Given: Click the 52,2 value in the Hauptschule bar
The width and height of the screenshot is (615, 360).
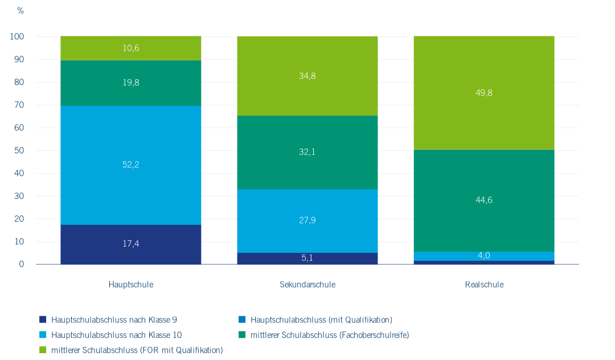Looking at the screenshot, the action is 130,165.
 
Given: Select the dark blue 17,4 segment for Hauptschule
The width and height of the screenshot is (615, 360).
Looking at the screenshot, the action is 130,244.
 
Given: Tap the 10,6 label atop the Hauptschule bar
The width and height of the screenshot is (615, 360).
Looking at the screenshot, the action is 130,48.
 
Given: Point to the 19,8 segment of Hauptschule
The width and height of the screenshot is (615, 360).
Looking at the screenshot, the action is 130,83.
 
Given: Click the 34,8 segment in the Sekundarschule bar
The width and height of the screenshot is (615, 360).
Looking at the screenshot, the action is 307,76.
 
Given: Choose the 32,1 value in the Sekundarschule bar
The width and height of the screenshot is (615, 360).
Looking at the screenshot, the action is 307,152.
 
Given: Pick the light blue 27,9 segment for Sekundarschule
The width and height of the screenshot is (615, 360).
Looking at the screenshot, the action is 307,221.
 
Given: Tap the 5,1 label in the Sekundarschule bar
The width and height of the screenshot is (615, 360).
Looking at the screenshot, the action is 307,258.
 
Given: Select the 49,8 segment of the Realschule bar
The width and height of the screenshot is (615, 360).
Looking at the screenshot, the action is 484,93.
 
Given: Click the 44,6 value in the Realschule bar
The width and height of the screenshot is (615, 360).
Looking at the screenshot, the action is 483,200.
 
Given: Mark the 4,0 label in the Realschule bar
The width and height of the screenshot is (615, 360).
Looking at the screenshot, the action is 483,256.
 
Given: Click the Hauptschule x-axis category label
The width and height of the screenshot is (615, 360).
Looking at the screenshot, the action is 131,285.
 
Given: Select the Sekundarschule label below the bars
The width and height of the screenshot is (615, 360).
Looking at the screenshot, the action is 307,285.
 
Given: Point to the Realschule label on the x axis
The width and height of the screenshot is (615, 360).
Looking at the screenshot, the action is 485,285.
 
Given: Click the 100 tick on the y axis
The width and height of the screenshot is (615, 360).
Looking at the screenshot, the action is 17,36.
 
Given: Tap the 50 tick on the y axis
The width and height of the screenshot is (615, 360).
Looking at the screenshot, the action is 19,150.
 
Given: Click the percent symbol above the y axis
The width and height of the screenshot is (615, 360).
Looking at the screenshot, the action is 20,11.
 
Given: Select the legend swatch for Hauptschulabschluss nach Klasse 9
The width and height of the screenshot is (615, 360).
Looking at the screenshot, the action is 43,320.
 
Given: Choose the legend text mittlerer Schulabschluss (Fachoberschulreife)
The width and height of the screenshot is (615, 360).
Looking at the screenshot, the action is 330,336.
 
